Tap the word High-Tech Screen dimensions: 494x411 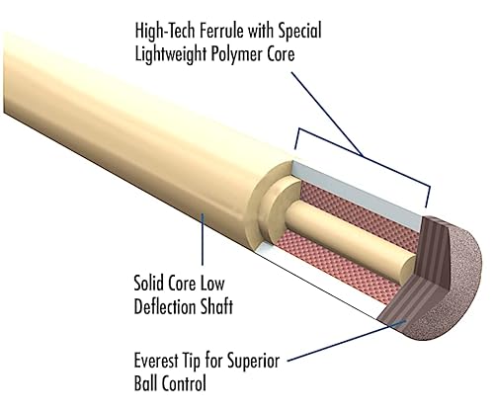coord(165,32)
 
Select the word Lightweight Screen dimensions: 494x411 coord(171,54)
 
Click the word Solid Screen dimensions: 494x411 coord(148,283)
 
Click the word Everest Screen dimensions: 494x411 coord(155,361)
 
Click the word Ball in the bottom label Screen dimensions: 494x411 coord(144,383)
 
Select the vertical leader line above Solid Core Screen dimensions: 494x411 coord(203,239)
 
